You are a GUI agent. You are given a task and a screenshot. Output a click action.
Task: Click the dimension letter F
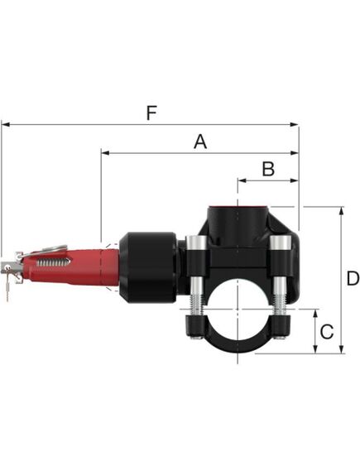(x=150, y=113)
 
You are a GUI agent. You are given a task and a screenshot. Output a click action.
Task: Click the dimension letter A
(x=199, y=142)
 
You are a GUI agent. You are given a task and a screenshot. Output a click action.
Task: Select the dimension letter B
(x=267, y=168)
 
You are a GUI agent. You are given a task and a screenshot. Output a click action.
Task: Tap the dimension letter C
(x=327, y=332)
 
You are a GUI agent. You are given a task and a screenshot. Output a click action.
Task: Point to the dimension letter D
(x=352, y=279)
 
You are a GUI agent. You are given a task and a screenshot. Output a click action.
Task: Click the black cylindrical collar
(x=146, y=267)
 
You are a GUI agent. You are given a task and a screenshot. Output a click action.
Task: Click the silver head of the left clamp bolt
(x=196, y=245)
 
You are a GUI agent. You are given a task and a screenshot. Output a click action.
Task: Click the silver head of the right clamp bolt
(x=282, y=245)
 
